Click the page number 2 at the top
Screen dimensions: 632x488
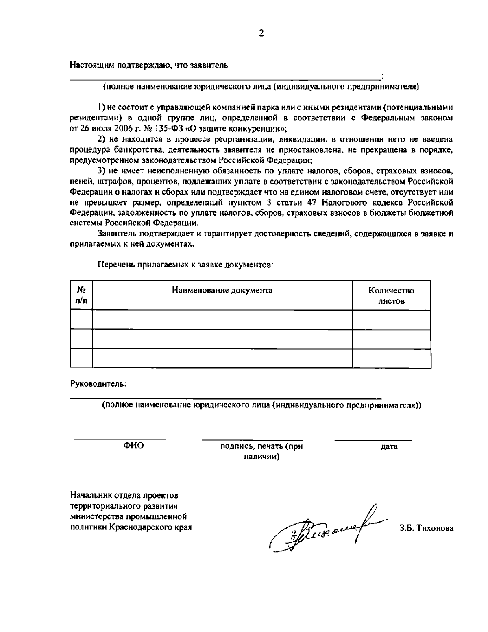click(x=261, y=34)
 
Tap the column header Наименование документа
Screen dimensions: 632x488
click(x=222, y=290)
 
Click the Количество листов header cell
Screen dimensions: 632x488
click(x=391, y=296)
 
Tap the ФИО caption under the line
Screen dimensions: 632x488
click(x=133, y=446)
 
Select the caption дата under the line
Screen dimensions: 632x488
click(x=389, y=447)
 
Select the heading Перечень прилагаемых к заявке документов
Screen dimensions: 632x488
click(x=185, y=265)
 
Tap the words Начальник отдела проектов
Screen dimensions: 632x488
click(x=124, y=496)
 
